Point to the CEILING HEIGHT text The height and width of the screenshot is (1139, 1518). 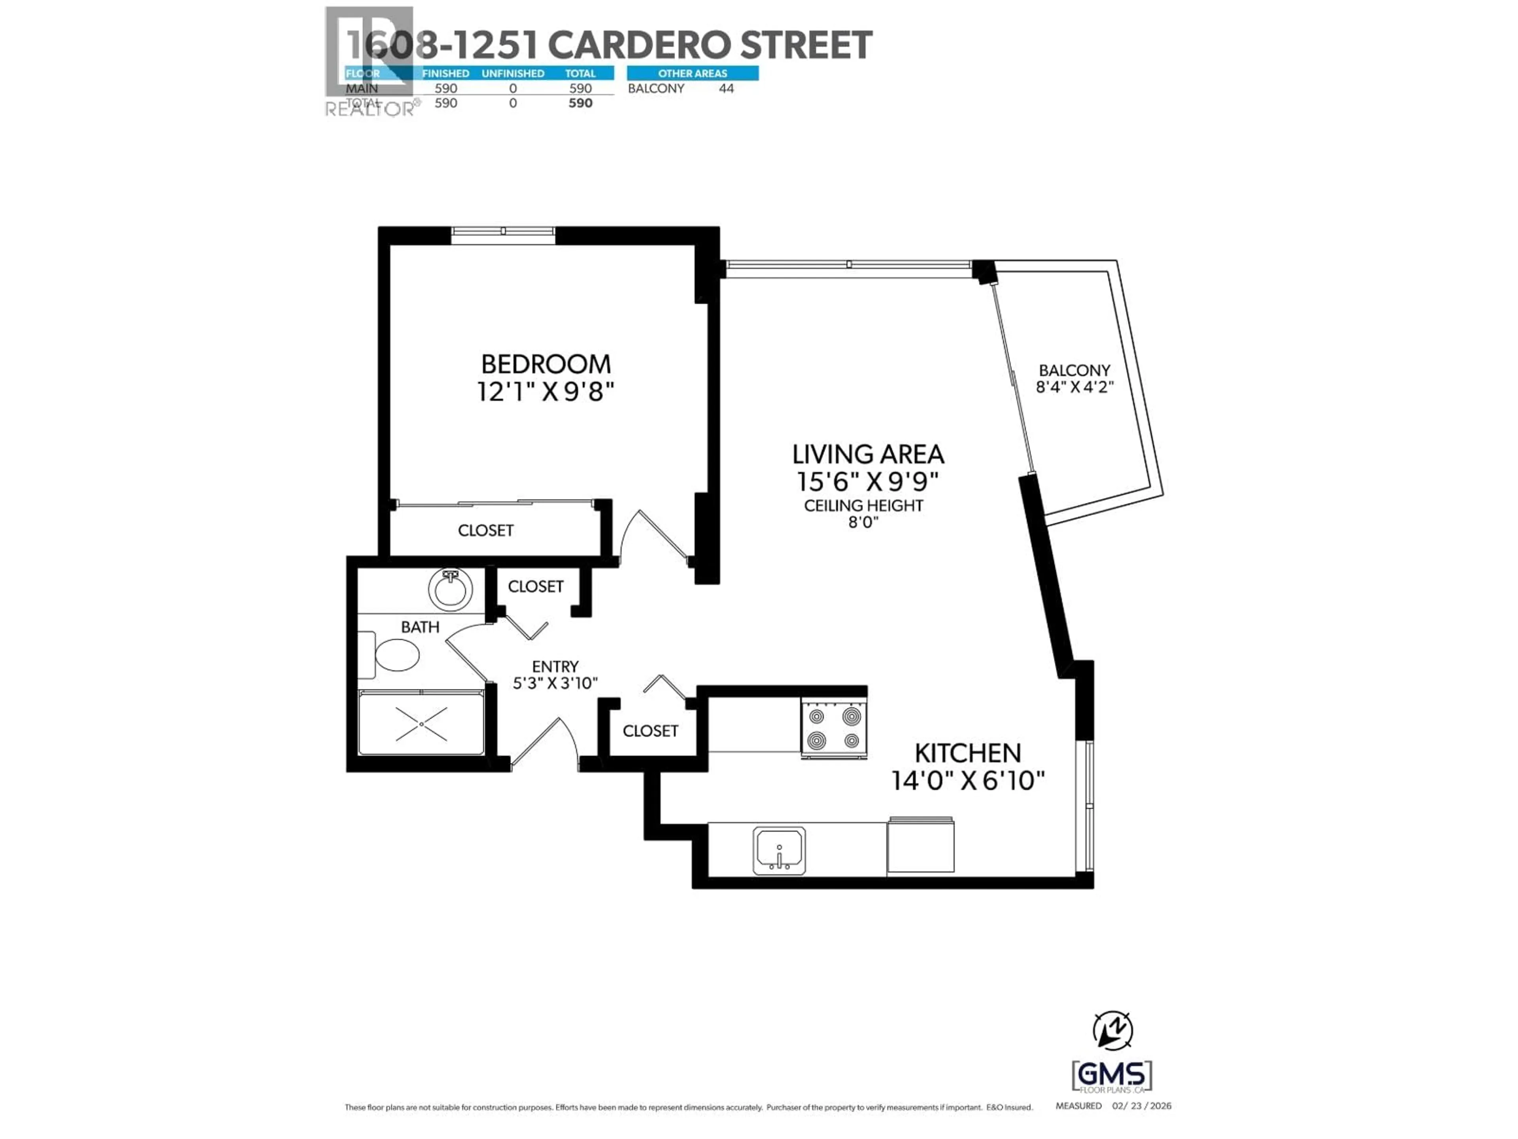(x=863, y=506)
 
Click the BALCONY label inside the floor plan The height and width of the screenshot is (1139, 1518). (x=1074, y=371)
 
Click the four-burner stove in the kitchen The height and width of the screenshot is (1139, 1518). (x=834, y=729)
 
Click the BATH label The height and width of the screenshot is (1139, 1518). (x=420, y=627)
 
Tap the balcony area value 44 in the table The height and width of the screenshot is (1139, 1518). (x=726, y=89)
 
